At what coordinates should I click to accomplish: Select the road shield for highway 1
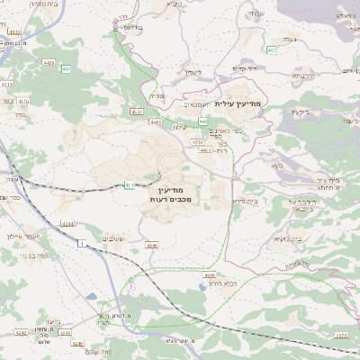81,244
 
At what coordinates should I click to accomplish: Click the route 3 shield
130,286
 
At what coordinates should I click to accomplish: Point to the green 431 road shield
130,184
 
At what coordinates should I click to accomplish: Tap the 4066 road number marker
209,275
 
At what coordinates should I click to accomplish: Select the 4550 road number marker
197,141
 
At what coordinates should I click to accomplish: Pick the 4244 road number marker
66,222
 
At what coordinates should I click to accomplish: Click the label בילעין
300,112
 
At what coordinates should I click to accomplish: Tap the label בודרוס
130,28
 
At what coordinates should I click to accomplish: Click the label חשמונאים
183,104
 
